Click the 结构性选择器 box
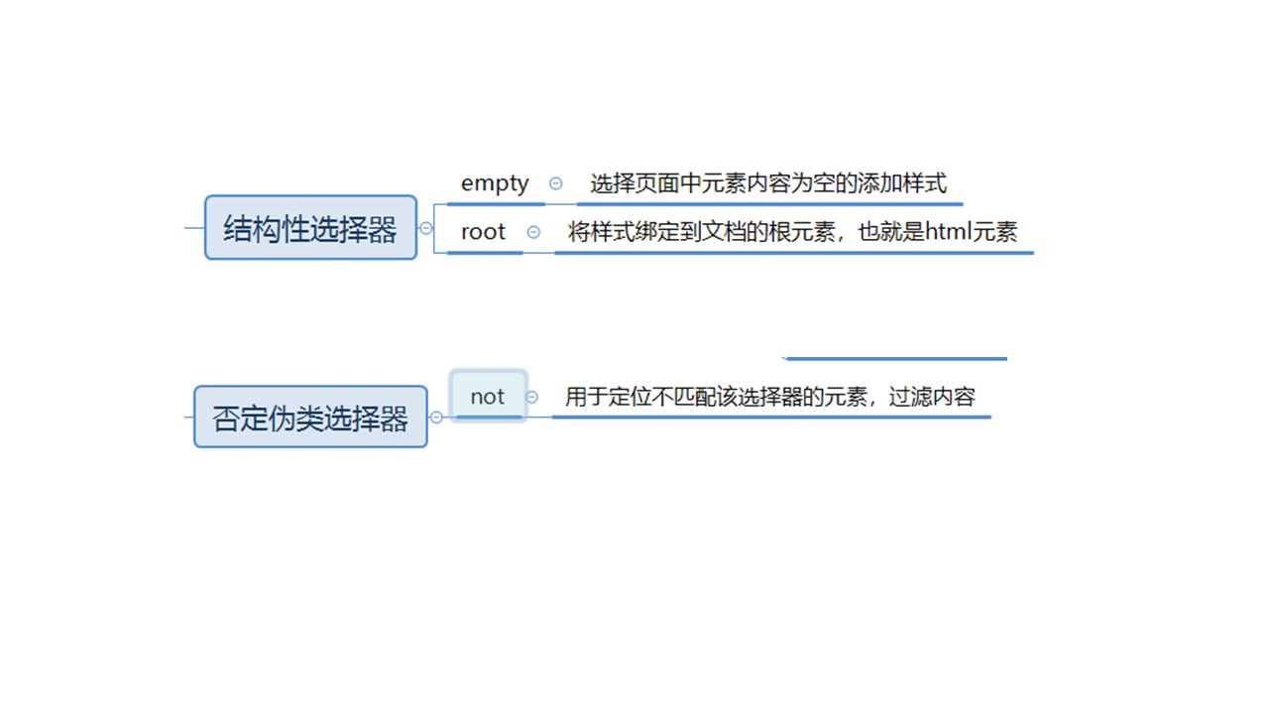[310, 228]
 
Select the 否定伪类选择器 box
[310, 417]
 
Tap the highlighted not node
[488, 396]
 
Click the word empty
[495, 183]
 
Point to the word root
[483, 232]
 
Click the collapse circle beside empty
[555, 183]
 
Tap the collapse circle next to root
[533, 232]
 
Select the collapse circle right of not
[532, 397]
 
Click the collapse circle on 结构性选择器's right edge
[426, 228]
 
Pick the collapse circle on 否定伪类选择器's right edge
[436, 417]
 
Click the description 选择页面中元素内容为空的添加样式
[768, 183]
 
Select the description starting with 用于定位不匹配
[769, 397]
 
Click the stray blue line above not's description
[895, 358]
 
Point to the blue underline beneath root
[485, 253]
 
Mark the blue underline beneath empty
[496, 204]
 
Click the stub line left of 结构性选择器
[194, 228]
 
